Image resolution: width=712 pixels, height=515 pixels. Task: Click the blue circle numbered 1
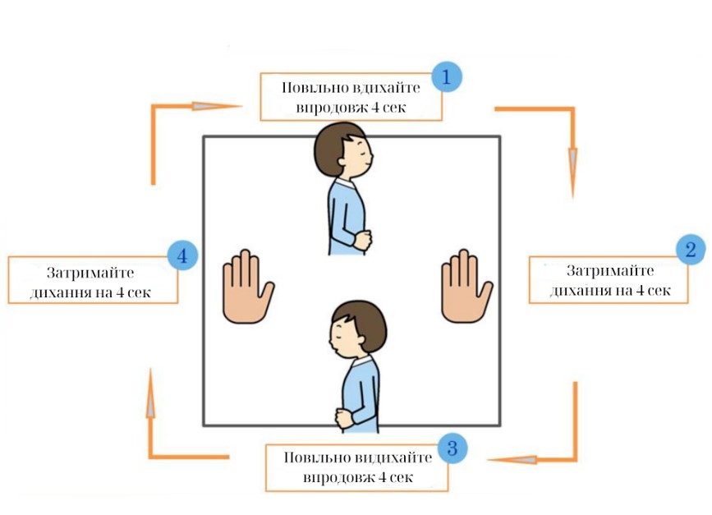(446, 77)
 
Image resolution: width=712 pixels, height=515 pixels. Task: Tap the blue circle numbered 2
(690, 250)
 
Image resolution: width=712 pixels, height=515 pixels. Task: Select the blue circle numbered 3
(452, 448)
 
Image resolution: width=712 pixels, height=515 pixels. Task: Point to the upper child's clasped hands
(361, 238)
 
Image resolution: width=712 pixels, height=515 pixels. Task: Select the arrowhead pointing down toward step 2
(572, 162)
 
